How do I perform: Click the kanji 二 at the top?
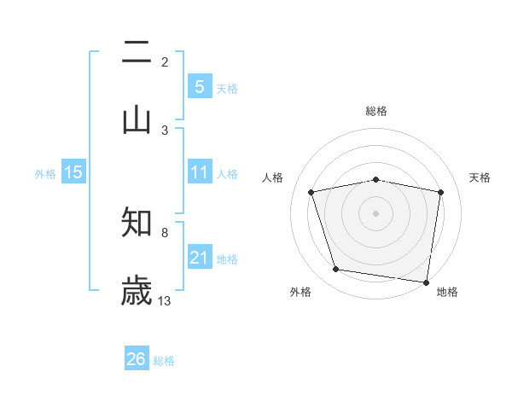point(137,53)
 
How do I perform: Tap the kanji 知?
point(137,223)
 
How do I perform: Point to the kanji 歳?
point(137,291)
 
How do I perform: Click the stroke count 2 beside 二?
point(165,62)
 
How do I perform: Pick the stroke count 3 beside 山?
point(165,130)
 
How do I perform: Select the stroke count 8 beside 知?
point(165,232)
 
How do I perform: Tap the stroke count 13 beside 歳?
point(165,301)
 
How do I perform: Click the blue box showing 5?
point(199,87)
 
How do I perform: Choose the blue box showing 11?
point(199,172)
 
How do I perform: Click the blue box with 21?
point(199,258)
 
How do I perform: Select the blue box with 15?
point(73,172)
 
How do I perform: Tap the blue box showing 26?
point(137,360)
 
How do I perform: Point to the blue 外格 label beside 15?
point(45,173)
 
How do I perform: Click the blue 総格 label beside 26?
point(164,361)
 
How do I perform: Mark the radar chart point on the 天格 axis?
point(440,192)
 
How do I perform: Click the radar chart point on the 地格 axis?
point(426,282)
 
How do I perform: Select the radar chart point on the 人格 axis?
point(311,192)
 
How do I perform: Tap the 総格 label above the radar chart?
point(376,111)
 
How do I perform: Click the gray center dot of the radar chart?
point(376,212)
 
